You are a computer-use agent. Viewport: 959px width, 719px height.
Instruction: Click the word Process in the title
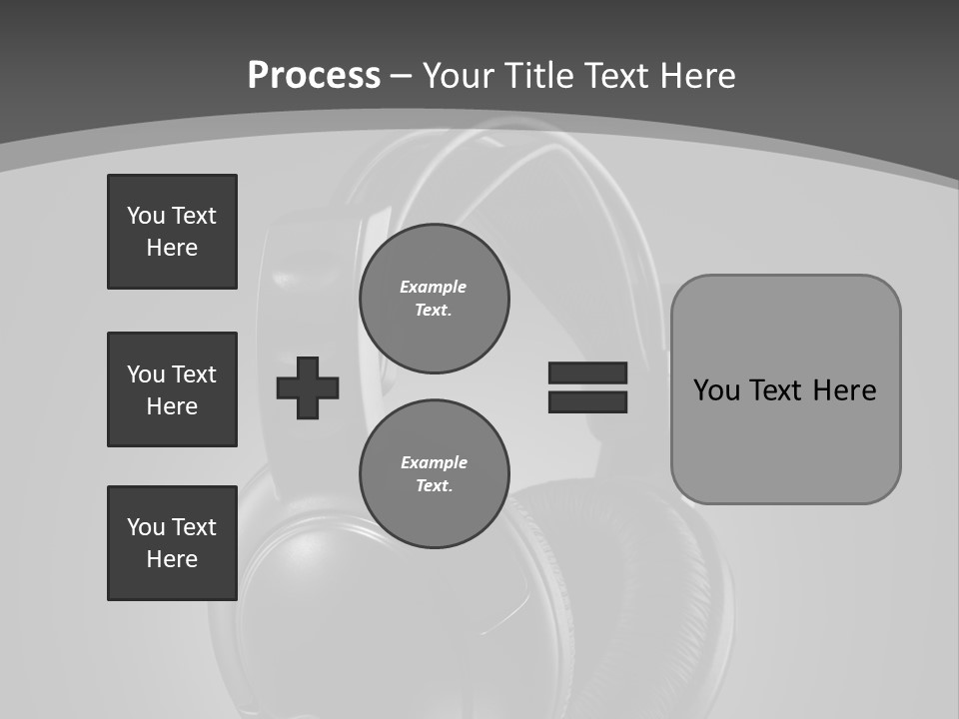314,75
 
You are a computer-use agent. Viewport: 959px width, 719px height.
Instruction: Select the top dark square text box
172,232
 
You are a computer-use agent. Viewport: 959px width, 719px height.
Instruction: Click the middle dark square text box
172,389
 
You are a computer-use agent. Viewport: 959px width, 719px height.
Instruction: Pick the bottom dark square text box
172,543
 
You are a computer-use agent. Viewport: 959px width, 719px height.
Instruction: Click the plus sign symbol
308,387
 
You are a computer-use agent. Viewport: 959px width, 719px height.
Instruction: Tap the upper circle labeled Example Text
434,299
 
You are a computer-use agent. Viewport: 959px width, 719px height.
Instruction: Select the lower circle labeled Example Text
434,474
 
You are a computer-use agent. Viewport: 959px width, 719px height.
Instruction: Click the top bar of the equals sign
587,372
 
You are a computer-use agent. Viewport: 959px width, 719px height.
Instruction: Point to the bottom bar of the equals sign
587,401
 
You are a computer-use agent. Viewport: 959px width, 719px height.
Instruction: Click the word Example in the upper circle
433,287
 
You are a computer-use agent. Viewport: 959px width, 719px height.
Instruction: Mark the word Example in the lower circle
434,462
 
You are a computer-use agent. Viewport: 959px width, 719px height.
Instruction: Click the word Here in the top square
172,248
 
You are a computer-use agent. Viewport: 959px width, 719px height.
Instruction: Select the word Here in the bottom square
172,559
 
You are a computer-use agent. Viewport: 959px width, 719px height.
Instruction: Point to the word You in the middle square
145,374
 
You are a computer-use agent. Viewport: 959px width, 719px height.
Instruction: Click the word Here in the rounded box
844,390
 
